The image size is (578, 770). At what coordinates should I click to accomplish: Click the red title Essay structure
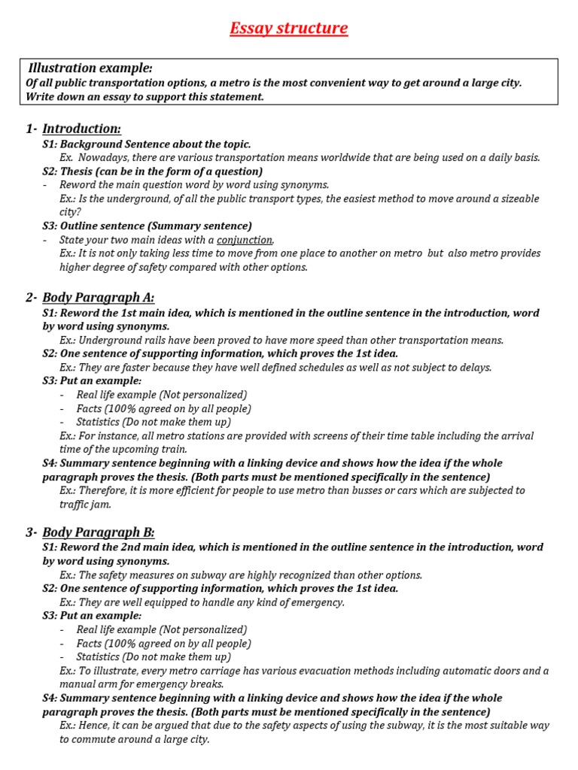point(289,29)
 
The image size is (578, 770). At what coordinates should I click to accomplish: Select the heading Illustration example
point(90,68)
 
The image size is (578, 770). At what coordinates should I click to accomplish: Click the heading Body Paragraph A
point(98,297)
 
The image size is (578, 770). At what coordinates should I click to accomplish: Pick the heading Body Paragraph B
point(98,532)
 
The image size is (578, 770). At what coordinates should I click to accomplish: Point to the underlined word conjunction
point(245,240)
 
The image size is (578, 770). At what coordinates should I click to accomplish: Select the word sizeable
point(519,199)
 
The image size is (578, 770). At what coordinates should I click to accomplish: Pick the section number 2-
point(32,297)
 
